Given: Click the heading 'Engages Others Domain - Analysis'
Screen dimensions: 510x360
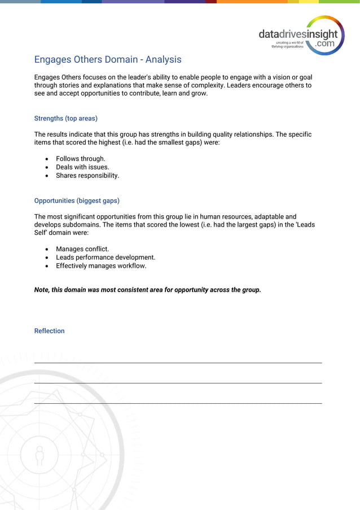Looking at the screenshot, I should tap(108, 59).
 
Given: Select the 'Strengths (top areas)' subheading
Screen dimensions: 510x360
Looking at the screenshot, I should tap(65, 119).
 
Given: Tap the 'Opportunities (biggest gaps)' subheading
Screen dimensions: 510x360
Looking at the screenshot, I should tap(77, 200).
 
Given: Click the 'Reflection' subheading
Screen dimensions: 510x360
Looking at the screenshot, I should tap(49, 331).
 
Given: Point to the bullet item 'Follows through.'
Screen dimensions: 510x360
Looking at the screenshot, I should tap(80, 159).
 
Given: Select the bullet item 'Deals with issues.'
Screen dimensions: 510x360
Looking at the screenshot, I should tap(82, 167).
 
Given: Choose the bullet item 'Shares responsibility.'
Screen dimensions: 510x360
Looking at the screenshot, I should tap(87, 176).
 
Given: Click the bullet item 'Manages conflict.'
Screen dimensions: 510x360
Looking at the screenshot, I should tap(82, 249).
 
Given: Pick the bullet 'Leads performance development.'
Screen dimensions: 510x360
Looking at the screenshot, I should tap(106, 258).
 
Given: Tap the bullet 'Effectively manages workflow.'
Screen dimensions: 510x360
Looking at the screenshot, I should tap(101, 266).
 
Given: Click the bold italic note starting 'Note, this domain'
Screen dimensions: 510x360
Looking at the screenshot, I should tap(147, 290).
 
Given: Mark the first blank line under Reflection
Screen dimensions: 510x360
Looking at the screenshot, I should tap(178, 363).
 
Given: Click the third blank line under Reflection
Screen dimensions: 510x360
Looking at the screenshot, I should tap(178, 403).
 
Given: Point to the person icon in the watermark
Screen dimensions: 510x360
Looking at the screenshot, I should tap(39, 455).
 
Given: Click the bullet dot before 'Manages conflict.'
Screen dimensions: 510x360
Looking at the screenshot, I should tap(47, 249).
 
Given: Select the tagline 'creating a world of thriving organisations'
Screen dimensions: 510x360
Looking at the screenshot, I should tap(288, 45).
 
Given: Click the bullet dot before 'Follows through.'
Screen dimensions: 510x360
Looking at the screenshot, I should tap(47, 159).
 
